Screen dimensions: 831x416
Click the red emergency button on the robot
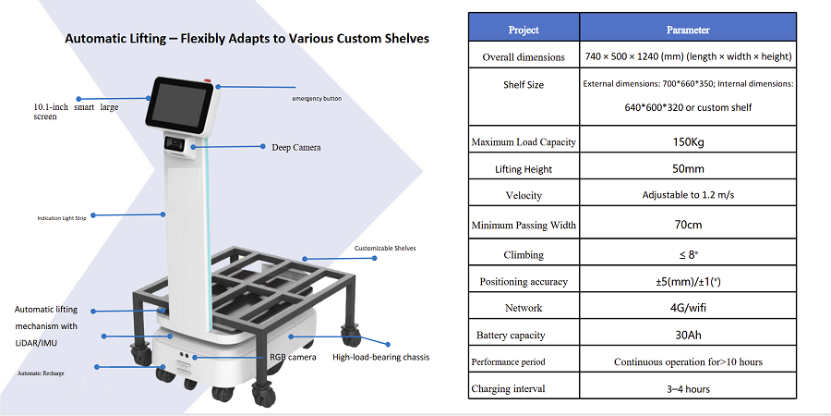[207, 81]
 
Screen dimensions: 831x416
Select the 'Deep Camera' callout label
[296, 148]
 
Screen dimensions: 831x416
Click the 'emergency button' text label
[317, 99]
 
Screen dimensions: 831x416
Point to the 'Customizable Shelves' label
[385, 248]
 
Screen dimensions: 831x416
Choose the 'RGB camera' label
[293, 357]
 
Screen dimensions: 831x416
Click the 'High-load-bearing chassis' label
[381, 357]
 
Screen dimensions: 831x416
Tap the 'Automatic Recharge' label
[41, 373]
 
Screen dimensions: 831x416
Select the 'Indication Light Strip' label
[62, 218]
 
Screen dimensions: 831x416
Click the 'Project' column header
[524, 30]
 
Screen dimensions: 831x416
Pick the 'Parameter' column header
[688, 30]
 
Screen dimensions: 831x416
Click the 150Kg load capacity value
[688, 141]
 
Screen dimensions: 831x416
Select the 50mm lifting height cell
[688, 169]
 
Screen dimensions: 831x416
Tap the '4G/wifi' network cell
[688, 308]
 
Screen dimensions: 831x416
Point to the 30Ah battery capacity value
[688, 335]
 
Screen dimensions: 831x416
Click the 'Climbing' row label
[524, 255]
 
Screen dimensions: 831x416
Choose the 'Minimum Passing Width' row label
[524, 225]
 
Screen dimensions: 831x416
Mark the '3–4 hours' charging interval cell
[688, 389]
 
